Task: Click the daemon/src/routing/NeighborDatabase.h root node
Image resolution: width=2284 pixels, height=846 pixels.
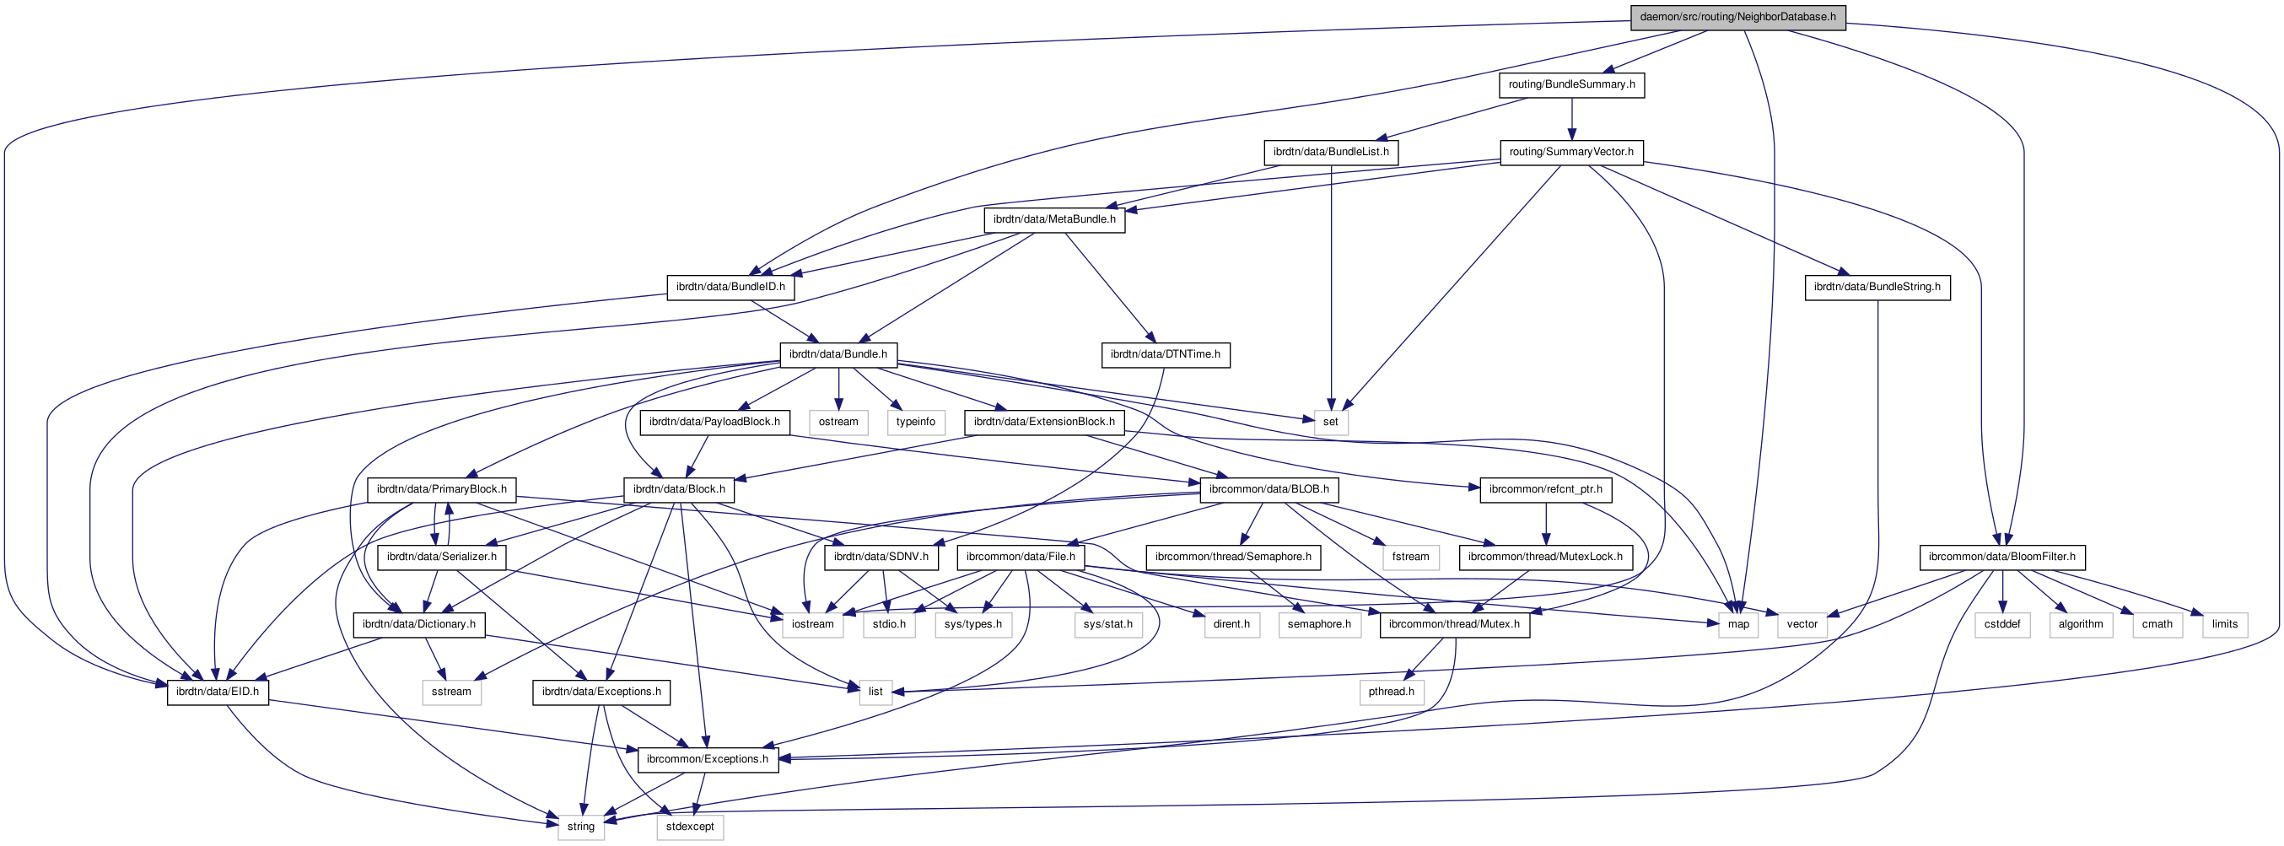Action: tap(1737, 17)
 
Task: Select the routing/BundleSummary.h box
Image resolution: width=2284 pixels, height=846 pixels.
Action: tap(1571, 84)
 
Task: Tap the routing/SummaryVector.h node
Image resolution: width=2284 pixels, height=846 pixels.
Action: tap(1571, 152)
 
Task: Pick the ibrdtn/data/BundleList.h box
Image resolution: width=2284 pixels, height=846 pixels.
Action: tap(1331, 152)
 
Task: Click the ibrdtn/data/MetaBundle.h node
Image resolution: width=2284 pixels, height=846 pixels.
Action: tap(1054, 219)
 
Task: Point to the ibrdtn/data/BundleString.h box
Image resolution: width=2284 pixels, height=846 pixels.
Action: tap(1876, 287)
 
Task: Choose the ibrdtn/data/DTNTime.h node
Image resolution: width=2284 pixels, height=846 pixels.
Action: tap(1165, 353)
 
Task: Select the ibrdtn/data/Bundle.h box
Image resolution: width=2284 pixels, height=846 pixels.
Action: tap(838, 353)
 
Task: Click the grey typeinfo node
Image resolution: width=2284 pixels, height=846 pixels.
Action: tap(915, 421)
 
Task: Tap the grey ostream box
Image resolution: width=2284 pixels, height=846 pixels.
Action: tap(838, 421)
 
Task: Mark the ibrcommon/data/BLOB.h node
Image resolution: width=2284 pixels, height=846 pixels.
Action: tap(1269, 488)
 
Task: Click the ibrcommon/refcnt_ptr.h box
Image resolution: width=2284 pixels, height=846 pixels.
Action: tap(1545, 488)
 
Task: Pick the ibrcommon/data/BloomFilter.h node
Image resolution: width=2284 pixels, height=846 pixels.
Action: tap(2002, 556)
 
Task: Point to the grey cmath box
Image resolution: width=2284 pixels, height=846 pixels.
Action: tap(2157, 623)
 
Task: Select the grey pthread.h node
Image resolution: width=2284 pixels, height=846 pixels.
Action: tap(1391, 691)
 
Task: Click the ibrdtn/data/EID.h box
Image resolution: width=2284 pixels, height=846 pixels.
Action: tap(218, 691)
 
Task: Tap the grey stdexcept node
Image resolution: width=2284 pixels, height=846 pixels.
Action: tap(690, 826)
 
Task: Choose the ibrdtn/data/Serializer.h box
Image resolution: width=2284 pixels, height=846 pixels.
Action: tap(442, 556)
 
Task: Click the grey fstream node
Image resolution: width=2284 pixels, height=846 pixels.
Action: tap(1409, 556)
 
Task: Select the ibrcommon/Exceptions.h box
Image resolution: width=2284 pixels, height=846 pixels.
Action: tap(708, 758)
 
